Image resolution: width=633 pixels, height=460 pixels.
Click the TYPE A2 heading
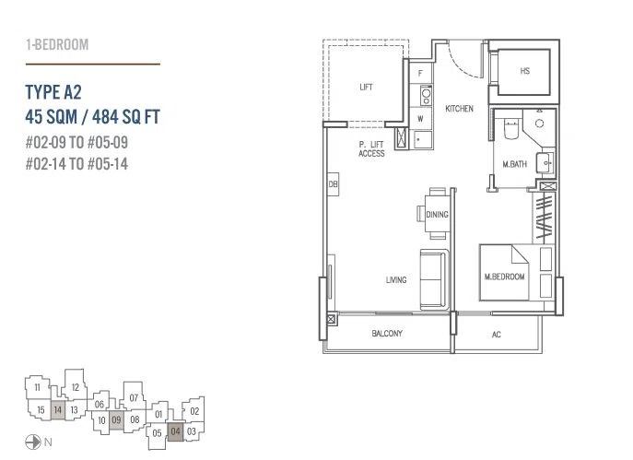click(x=53, y=92)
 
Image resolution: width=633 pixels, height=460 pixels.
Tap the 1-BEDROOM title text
click(x=57, y=44)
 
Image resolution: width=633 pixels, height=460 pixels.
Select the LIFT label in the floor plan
click(x=366, y=87)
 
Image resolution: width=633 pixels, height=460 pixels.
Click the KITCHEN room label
click(x=459, y=108)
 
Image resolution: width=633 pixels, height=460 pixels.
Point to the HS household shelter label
click(x=524, y=71)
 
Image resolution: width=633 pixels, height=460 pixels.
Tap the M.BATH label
click(x=514, y=164)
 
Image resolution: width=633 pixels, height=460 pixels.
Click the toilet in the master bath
click(x=511, y=129)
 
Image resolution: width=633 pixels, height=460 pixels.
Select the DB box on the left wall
click(x=333, y=184)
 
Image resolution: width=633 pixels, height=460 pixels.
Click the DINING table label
click(x=437, y=215)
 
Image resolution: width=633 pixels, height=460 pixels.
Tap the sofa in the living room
click(x=434, y=279)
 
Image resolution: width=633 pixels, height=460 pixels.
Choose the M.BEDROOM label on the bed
click(x=504, y=277)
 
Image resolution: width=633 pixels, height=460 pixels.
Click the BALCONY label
click(x=387, y=333)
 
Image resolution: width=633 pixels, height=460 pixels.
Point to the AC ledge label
click(x=496, y=335)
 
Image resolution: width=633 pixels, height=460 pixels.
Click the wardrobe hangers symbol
click(x=545, y=218)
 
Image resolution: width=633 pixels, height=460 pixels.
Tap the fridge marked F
click(x=421, y=73)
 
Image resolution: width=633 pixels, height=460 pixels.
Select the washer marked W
click(x=421, y=119)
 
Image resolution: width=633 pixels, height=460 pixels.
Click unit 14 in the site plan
click(x=58, y=410)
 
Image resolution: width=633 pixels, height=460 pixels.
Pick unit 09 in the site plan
click(x=116, y=420)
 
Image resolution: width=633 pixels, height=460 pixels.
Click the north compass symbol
click(x=33, y=442)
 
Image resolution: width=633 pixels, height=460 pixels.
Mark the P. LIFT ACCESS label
click(x=371, y=149)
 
